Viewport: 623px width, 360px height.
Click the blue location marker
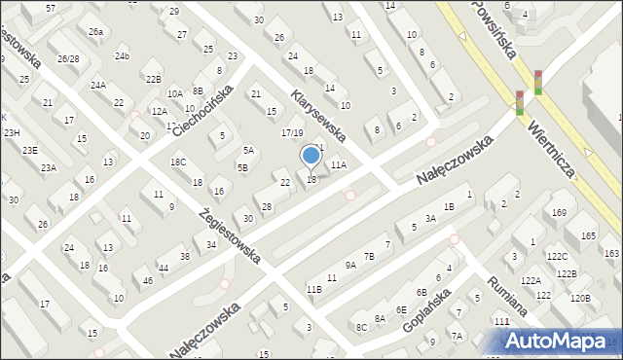coord(311,155)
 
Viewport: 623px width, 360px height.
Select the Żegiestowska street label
coord(229,234)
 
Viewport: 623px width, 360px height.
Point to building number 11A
coord(338,165)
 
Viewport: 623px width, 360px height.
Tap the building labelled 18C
coord(178,162)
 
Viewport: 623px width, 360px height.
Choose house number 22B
coord(153,79)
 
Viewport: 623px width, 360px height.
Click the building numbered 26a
coord(95,31)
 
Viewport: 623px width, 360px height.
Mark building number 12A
coord(160,112)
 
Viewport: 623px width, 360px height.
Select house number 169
coord(559,212)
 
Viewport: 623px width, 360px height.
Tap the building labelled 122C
coord(557,256)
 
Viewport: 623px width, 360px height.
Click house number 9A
coord(350,265)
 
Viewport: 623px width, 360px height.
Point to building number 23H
coord(12,132)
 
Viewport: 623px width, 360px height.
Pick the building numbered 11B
coord(313,289)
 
